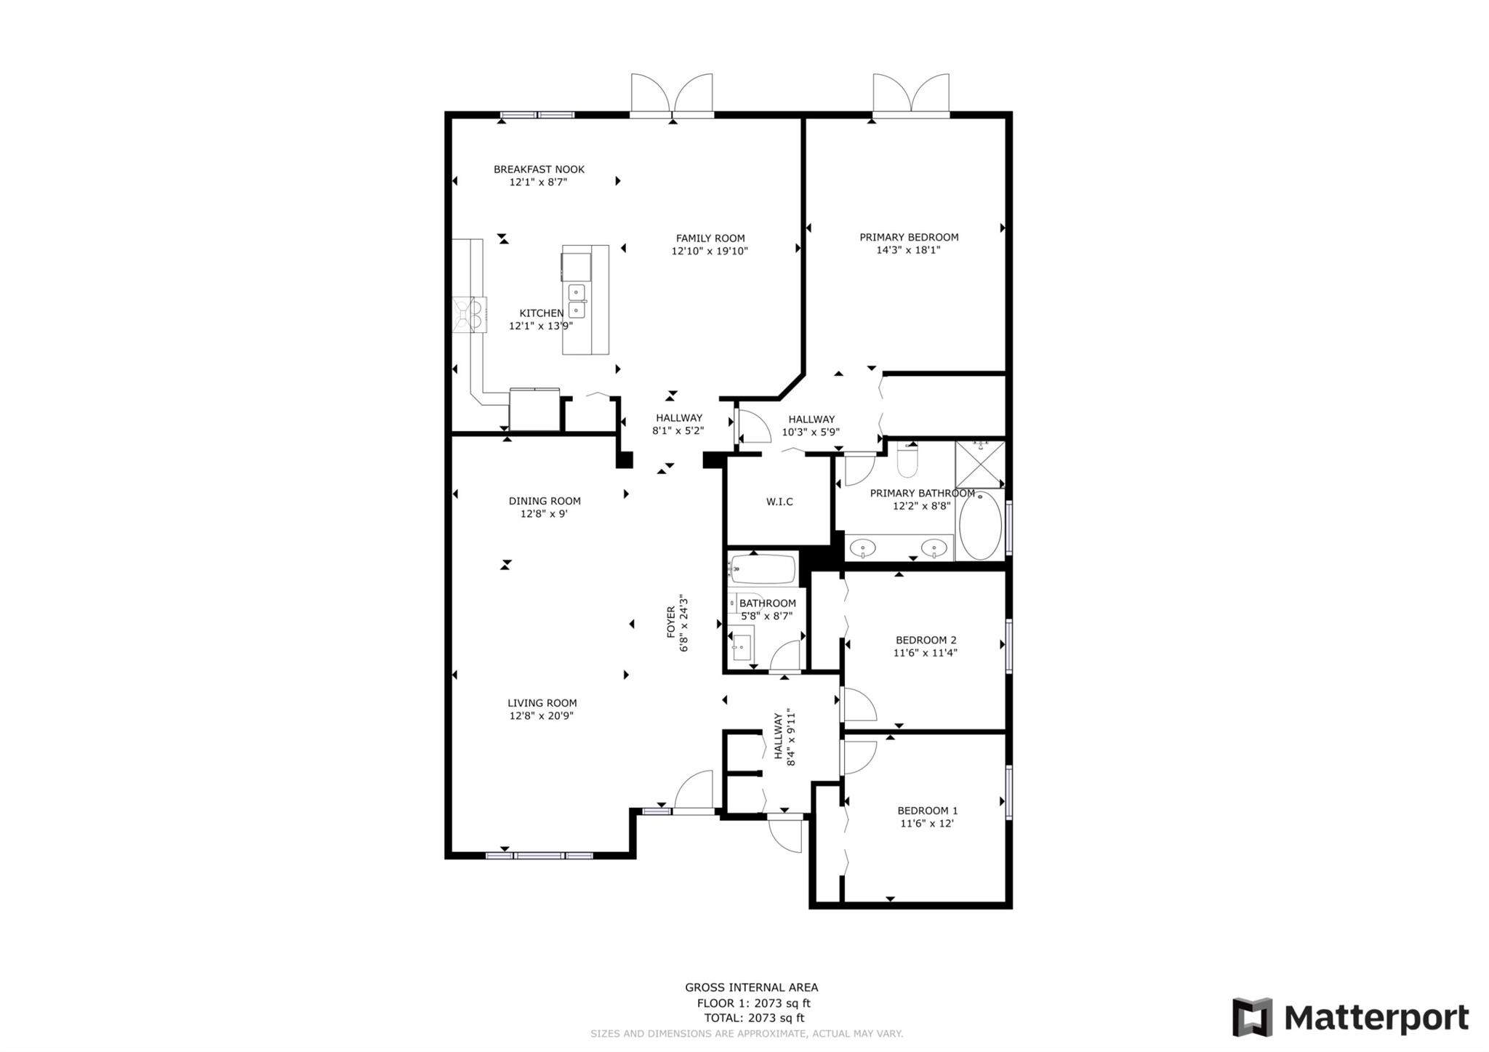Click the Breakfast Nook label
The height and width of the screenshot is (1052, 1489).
point(539,169)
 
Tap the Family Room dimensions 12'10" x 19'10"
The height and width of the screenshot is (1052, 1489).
point(710,252)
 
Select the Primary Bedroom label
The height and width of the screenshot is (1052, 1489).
point(909,237)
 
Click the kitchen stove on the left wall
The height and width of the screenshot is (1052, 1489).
point(469,315)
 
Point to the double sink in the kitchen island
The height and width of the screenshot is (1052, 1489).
point(577,301)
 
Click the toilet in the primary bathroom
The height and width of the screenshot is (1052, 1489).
point(907,460)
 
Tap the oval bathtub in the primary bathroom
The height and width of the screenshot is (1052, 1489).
point(980,526)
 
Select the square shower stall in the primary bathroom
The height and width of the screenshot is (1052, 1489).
point(979,464)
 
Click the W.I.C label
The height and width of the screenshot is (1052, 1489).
point(779,502)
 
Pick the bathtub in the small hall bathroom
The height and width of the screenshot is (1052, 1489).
point(763,570)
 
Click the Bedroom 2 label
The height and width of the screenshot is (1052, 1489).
point(926,641)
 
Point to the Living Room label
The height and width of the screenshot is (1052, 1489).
point(542,703)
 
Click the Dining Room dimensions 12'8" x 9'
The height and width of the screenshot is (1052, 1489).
point(544,514)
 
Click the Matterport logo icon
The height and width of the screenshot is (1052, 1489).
point(1252,1017)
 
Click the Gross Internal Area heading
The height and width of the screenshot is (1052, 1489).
point(752,987)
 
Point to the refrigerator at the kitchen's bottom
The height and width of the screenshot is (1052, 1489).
point(534,410)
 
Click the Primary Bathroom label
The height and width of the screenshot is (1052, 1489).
point(922,494)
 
